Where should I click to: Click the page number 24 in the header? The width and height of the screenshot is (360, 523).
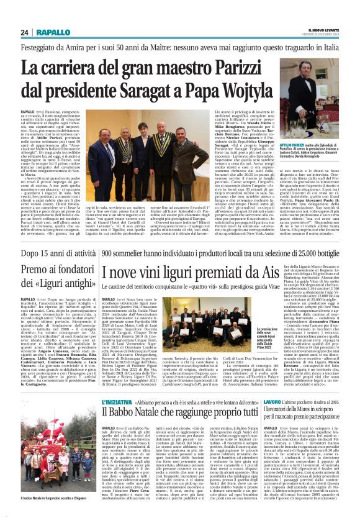coord(25,32)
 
